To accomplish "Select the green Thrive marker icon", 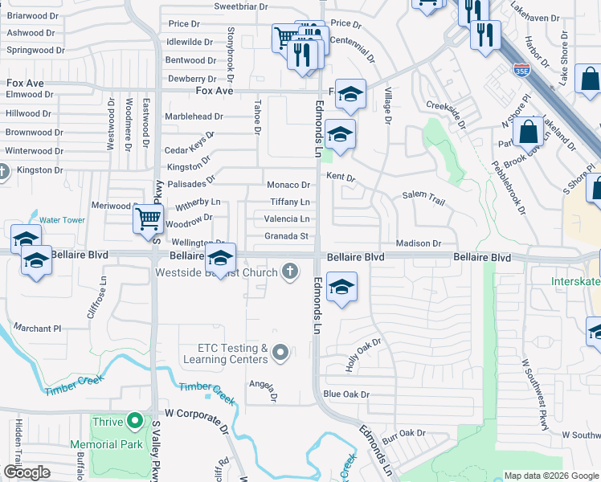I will [x=135, y=421].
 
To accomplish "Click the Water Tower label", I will [x=62, y=219].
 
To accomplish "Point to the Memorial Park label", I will [x=105, y=443].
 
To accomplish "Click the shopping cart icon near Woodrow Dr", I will [x=148, y=219].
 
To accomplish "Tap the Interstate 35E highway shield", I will [x=521, y=71].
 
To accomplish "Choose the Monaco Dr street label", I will [x=288, y=186].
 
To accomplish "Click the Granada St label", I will [x=287, y=236].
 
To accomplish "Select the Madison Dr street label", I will [x=419, y=243].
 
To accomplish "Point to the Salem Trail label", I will [x=423, y=196].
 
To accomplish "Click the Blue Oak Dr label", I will [x=345, y=394].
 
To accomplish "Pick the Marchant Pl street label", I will [x=37, y=328].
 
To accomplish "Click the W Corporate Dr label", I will [x=197, y=412].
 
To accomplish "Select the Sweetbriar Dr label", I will [x=240, y=6].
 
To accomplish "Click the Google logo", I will [x=27, y=472].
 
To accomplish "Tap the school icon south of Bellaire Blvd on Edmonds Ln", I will [x=341, y=287].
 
